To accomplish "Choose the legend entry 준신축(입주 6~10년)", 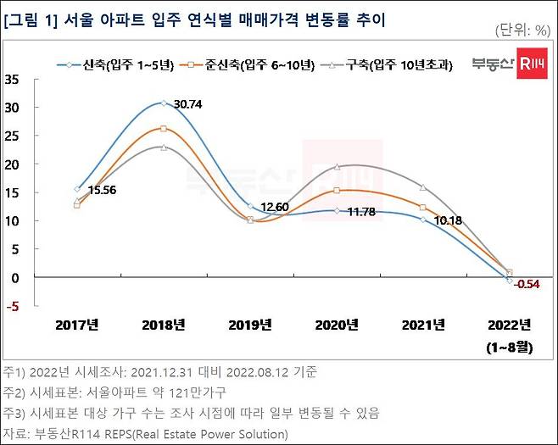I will tap(251, 64).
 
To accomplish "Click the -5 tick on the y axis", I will tap(14, 306).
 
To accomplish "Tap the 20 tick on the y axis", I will tap(13, 164).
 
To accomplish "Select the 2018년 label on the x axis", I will tap(164, 325).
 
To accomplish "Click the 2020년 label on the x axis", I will tap(337, 325).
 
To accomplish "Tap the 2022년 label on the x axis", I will tap(510, 325).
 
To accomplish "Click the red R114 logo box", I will tap(533, 64).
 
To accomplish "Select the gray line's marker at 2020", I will tap(337, 167).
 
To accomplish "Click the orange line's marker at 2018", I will tap(164, 129).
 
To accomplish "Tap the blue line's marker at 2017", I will tap(77, 189).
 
